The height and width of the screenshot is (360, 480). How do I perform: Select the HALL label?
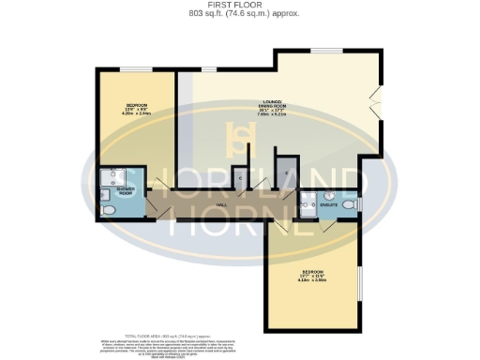click(221, 204)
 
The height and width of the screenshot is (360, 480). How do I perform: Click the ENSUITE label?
click(327, 203)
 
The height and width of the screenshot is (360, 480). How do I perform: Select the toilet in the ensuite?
click(350, 205)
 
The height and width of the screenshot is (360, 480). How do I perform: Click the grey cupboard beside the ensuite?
click(284, 175)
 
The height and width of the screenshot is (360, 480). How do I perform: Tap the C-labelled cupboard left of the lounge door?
click(241, 178)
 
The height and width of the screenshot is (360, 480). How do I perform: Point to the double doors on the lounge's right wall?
click(377, 97)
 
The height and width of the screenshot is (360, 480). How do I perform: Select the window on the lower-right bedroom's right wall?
click(359, 282)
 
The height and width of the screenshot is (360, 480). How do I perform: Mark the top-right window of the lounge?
click(325, 50)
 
